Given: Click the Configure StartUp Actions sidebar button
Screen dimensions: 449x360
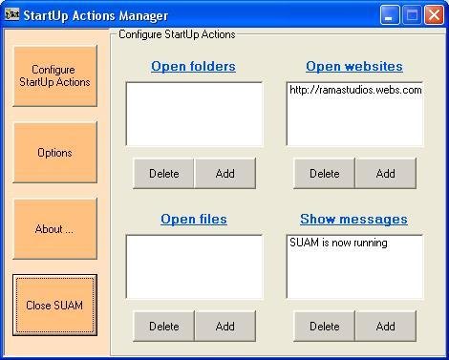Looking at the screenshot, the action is coord(54,76).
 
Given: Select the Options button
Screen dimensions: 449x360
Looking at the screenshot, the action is coord(54,153).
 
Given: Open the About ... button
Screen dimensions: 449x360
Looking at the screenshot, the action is coord(54,229).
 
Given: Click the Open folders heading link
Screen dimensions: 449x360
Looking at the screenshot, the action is coord(193,67).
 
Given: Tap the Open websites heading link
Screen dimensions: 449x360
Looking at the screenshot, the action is coord(353,67).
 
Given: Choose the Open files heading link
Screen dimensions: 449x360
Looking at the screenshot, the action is coord(193,220).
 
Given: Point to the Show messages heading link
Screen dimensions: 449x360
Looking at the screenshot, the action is coord(353,220).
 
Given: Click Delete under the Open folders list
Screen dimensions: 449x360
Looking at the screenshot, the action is coord(163,174).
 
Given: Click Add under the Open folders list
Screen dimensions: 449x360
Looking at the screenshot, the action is coord(225,174).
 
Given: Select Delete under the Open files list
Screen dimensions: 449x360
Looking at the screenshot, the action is coord(163,327).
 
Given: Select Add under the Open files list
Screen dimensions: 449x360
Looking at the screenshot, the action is coord(225,327).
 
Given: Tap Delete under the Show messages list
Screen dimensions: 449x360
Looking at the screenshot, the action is coord(324,327).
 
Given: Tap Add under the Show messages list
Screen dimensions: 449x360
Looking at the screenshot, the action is coord(386,327).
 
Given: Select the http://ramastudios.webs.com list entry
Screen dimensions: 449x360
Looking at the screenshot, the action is coord(354,91).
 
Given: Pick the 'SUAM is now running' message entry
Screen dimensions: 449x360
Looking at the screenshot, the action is coord(338,244).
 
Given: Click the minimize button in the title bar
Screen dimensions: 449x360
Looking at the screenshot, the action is coord(389,15).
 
